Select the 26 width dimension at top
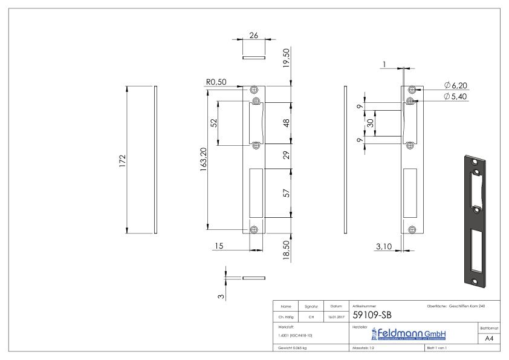254,36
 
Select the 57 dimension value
286,194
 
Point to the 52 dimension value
213,123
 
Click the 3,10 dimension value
383,246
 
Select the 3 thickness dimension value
221,295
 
